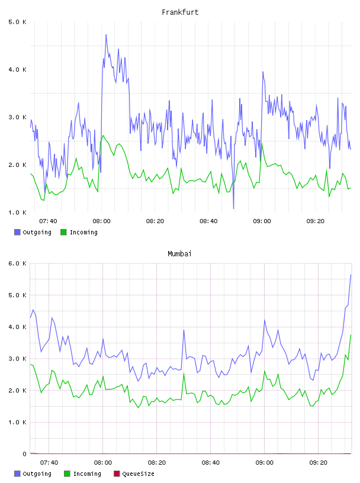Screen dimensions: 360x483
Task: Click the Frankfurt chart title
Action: [x=180, y=12]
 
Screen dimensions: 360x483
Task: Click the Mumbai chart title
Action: [x=179, y=254]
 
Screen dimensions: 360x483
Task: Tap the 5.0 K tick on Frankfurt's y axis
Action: [x=17, y=22]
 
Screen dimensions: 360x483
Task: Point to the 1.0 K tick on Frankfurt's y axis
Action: [x=17, y=212]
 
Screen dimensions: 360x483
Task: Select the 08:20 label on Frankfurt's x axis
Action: [x=155, y=221]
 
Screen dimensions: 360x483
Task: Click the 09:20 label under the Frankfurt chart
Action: [x=316, y=221]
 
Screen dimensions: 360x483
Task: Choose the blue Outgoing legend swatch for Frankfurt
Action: [x=17, y=232]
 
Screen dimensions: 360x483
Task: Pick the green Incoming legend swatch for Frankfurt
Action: [x=63, y=232]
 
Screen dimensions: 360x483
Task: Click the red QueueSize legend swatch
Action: [x=117, y=474]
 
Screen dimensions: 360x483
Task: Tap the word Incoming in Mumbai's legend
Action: [x=87, y=474]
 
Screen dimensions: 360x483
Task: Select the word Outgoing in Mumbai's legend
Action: [x=37, y=474]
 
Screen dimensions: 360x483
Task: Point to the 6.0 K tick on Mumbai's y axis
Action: [x=17, y=263]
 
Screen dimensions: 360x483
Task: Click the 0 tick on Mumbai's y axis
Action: [x=24, y=454]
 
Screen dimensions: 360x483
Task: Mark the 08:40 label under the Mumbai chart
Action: [x=211, y=463]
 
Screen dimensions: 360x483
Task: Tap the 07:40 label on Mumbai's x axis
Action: [x=49, y=463]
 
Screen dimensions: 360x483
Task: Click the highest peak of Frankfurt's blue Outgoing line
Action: [x=106, y=35]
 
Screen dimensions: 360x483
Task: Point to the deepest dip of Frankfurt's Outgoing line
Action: [x=233, y=208]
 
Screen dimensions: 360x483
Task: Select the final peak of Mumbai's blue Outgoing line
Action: [x=351, y=275]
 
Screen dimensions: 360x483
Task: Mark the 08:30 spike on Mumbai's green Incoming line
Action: [x=184, y=373]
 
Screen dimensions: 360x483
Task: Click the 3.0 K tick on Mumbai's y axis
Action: [x=17, y=359]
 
